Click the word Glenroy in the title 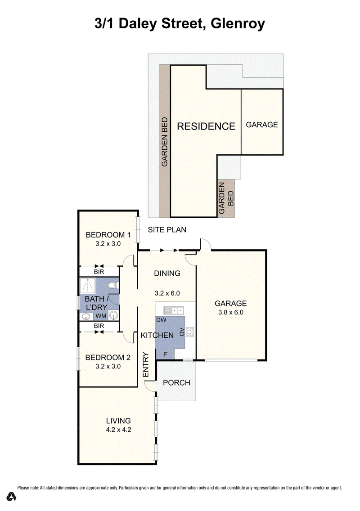237,23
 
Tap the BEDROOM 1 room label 108,235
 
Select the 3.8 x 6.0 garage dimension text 230,312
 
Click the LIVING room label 118,421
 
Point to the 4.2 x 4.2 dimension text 118,430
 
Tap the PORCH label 176,383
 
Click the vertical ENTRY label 146,364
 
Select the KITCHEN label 157,335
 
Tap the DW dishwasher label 161,320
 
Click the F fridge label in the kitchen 166,354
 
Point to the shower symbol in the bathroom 88,286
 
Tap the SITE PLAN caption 167,230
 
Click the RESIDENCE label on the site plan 206,126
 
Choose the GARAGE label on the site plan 261,125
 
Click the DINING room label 167,273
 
